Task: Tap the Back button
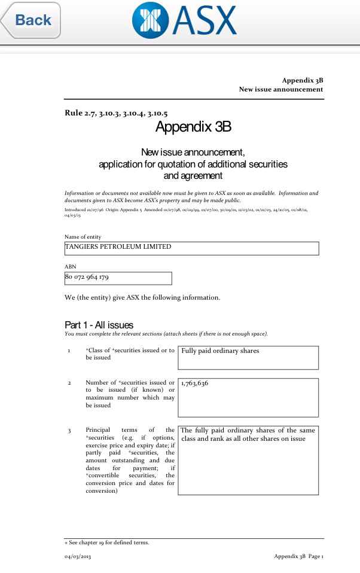(x=31, y=20)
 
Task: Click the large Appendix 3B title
(x=193, y=127)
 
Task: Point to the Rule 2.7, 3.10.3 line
(x=116, y=113)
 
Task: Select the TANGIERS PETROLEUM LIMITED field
(x=191, y=248)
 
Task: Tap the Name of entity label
(x=83, y=237)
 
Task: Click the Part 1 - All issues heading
(x=99, y=325)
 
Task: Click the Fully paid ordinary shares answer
(x=220, y=351)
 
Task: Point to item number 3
(x=70, y=430)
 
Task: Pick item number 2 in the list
(x=70, y=382)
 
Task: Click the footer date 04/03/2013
(x=78, y=556)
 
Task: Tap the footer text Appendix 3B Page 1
(x=298, y=556)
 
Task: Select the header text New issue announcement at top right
(x=281, y=89)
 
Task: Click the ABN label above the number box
(x=70, y=266)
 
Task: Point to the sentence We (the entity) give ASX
(x=142, y=297)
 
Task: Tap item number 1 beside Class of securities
(x=70, y=350)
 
